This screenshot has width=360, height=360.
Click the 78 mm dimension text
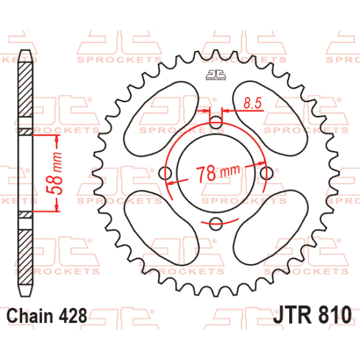[x=217, y=172]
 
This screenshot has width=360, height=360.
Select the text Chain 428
[x=47, y=316]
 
